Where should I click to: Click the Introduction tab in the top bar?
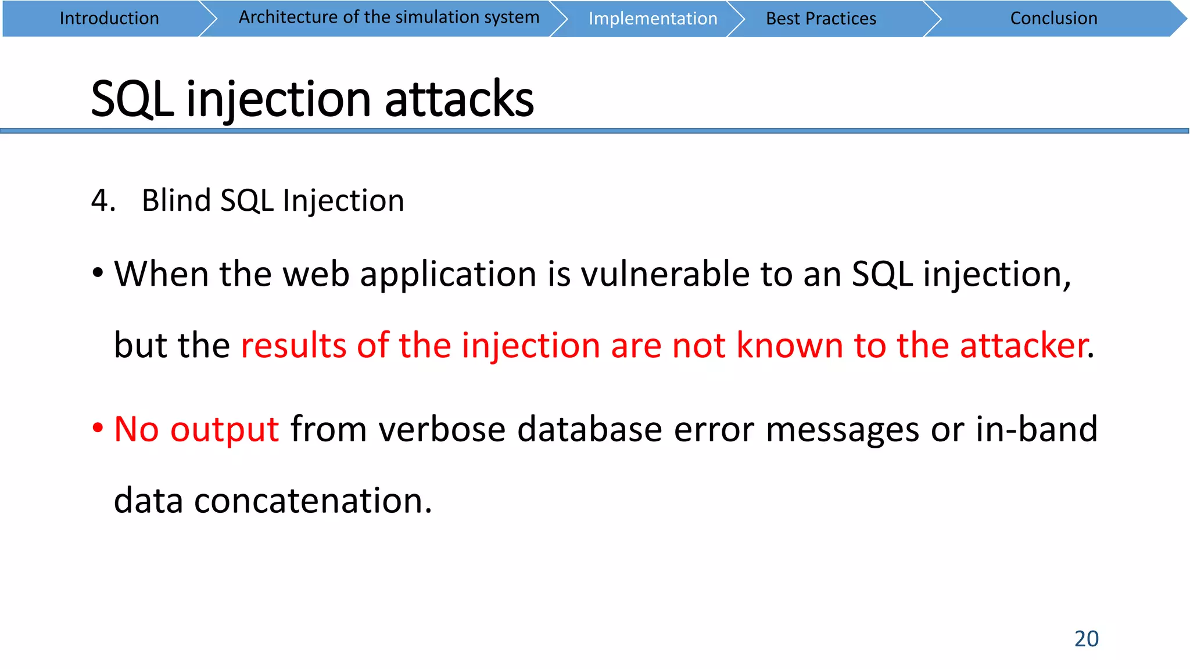tap(109, 19)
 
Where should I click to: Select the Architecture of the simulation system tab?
tap(389, 17)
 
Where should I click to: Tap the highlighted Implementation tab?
tap(653, 19)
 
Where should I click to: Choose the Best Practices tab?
tap(820, 19)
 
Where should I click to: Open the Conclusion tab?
tap(1053, 19)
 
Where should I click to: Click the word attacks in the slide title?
tap(459, 99)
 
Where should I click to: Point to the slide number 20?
tap(1086, 638)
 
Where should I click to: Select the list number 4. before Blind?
tap(103, 201)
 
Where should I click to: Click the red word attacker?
tap(1023, 346)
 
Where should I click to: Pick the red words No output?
tap(196, 430)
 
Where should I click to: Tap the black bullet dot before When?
tap(98, 273)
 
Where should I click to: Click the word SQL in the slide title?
tap(132, 99)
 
